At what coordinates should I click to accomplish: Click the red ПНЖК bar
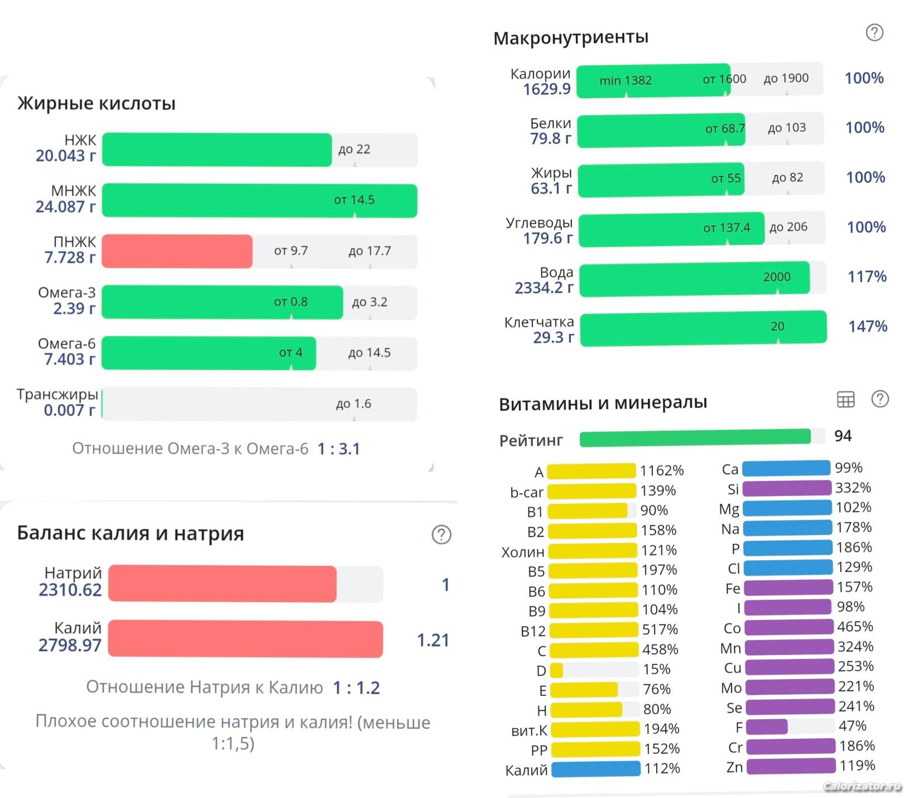[x=177, y=251]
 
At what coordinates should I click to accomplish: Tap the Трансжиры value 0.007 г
[x=69, y=410]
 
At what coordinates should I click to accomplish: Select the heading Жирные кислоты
[x=97, y=103]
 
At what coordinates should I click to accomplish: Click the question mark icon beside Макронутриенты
[x=874, y=33]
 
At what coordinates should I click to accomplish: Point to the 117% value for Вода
[x=867, y=276]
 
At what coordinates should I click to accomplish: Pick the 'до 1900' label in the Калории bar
[x=786, y=78]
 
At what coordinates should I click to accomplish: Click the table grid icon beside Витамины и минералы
[x=845, y=399]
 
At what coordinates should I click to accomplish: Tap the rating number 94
[x=843, y=436]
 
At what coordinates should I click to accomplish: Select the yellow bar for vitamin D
[x=557, y=670]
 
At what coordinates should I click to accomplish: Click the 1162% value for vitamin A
[x=661, y=470]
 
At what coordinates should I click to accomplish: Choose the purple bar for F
[x=767, y=727]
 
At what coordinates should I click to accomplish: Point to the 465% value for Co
[x=854, y=627]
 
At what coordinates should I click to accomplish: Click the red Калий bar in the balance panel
[x=246, y=639]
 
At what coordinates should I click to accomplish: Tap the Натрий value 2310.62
[x=70, y=590]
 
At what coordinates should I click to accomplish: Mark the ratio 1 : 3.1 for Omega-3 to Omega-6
[x=339, y=449]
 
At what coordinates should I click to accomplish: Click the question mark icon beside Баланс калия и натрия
[x=441, y=535]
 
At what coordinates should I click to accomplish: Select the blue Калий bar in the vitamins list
[x=595, y=769]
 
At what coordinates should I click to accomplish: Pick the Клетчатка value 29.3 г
[x=553, y=338]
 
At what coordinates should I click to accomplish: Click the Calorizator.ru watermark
[x=862, y=786]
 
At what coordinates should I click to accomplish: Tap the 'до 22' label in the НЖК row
[x=354, y=150]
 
